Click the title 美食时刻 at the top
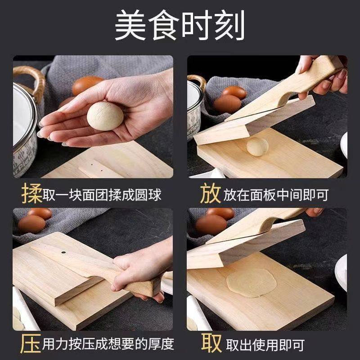tap(180, 26)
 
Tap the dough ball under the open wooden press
tap(257, 146)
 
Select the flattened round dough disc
tap(251, 283)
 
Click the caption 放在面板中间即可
tap(277, 195)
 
